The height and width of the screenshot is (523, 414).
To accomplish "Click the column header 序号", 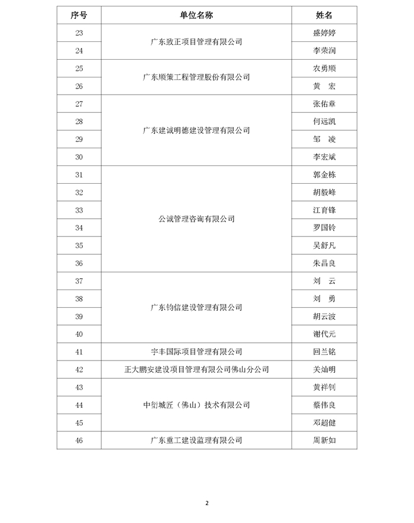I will tap(79, 15).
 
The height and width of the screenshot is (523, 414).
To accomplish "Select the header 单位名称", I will tap(196, 15).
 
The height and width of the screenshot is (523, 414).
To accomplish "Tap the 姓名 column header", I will tap(325, 15).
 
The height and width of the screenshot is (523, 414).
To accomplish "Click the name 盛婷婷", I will tap(325, 33).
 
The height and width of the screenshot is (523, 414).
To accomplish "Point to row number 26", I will tap(79, 86).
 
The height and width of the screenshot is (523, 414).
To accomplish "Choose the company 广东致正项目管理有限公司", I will tap(196, 42).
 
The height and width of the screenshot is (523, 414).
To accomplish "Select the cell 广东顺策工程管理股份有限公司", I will tap(196, 77).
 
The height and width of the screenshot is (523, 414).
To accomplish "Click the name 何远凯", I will tap(325, 122).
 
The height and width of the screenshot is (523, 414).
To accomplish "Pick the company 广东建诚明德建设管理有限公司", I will tap(196, 131).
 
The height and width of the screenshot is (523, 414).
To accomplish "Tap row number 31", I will tap(79, 175).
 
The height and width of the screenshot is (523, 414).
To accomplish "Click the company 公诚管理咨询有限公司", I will tap(196, 219).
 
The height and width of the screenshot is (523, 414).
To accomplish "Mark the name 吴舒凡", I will tap(325, 246).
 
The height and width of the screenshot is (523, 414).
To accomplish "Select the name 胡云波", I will tap(325, 317).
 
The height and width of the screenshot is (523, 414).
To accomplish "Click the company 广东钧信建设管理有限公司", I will tap(196, 308).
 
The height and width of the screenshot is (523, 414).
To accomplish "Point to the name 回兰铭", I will tap(325, 352).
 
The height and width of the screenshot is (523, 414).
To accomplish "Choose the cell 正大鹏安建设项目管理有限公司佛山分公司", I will tap(196, 370).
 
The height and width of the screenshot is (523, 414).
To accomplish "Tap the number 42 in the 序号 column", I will tap(79, 370).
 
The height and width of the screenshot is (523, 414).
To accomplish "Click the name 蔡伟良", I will tap(325, 405).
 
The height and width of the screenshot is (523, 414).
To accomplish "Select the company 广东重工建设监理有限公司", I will tap(196, 440).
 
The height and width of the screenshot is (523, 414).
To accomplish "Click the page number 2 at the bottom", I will tap(207, 503).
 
